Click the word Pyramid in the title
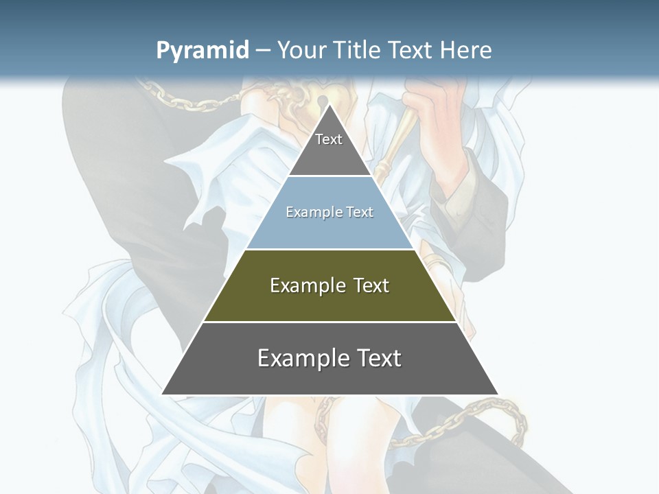coord(203,50)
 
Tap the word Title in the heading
coord(360,50)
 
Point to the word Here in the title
coord(465,50)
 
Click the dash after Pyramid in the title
coord(263,51)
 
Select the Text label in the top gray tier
coord(329,139)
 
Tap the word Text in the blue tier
coord(360,212)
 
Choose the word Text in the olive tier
coord(371,285)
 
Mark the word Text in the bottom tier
coord(378,358)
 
